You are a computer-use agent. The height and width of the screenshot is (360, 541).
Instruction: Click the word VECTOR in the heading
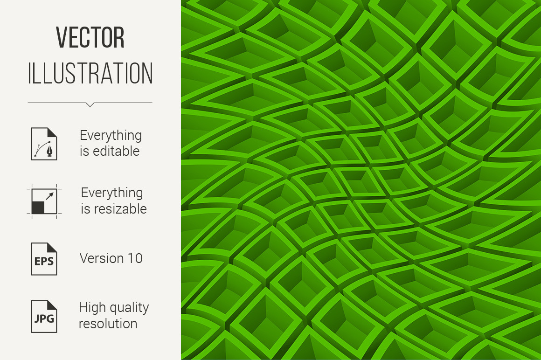(90, 37)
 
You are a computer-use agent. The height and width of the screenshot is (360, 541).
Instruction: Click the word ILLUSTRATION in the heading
(90, 73)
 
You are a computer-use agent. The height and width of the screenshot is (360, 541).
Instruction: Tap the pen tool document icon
(44, 144)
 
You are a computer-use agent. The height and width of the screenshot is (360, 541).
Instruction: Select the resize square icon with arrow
(44, 201)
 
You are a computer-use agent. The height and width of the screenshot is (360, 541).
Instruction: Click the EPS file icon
(44, 259)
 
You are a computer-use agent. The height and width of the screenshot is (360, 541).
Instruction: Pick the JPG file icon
(44, 317)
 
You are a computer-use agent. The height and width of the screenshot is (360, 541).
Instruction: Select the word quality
(126, 308)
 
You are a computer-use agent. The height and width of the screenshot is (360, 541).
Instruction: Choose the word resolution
(108, 324)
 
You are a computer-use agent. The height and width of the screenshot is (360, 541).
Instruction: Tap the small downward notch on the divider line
(90, 104)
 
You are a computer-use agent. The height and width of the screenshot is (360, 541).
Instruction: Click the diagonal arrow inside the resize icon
(50, 196)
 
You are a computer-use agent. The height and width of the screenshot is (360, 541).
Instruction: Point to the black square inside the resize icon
(38, 208)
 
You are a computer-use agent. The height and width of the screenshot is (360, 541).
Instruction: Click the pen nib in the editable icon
(50, 152)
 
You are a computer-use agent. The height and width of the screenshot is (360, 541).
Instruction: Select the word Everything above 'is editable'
(111, 136)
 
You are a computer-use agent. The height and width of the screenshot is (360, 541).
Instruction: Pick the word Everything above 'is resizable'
(112, 193)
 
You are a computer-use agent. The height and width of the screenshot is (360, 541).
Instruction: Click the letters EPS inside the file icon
(44, 261)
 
